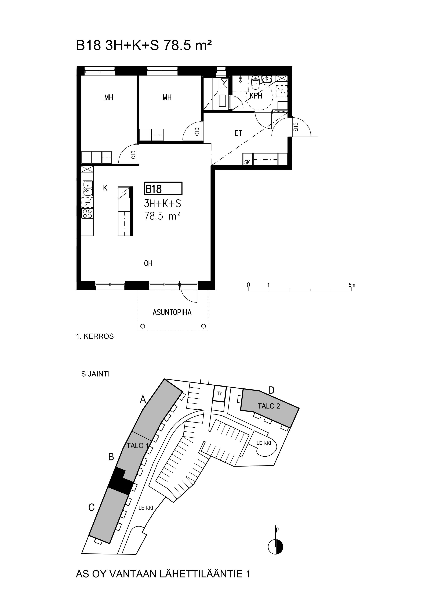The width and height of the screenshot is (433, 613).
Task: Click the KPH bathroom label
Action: [256, 96]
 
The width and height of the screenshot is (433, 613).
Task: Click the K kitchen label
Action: [105, 188]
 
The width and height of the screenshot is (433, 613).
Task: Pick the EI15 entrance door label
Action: [295, 127]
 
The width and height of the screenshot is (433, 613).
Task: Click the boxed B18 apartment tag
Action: [163, 189]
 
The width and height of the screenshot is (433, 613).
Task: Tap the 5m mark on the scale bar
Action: [352, 285]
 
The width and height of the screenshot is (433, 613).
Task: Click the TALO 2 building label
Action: [269, 406]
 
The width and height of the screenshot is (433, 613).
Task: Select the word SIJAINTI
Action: [96, 374]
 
